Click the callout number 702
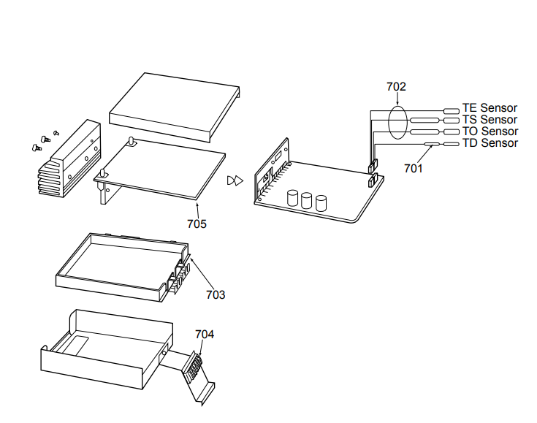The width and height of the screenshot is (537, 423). pyautogui.click(x=396, y=87)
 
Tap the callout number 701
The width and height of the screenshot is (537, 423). pyautogui.click(x=414, y=169)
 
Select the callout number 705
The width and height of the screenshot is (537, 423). pyautogui.click(x=197, y=224)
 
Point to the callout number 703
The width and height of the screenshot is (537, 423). pyautogui.click(x=216, y=294)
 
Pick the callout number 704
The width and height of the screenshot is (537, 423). pyautogui.click(x=205, y=335)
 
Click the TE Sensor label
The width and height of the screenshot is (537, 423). pyautogui.click(x=490, y=108)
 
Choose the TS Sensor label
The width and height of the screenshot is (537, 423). pyautogui.click(x=490, y=120)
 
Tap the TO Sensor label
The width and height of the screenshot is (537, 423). pyautogui.click(x=490, y=132)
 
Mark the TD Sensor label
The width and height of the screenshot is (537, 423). pyautogui.click(x=490, y=143)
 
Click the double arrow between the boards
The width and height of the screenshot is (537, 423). pyautogui.click(x=235, y=180)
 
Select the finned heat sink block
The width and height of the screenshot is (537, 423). pyautogui.click(x=69, y=159)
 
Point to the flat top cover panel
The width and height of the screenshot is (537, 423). pyautogui.click(x=175, y=107)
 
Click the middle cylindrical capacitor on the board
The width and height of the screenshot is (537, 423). pyautogui.click(x=307, y=201)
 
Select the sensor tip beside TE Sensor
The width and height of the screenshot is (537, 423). pyautogui.click(x=452, y=111)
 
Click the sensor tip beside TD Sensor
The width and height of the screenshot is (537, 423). pyautogui.click(x=452, y=144)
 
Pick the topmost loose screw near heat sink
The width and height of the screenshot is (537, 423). pyautogui.click(x=56, y=133)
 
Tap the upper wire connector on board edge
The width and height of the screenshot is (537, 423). pyautogui.click(x=373, y=166)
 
